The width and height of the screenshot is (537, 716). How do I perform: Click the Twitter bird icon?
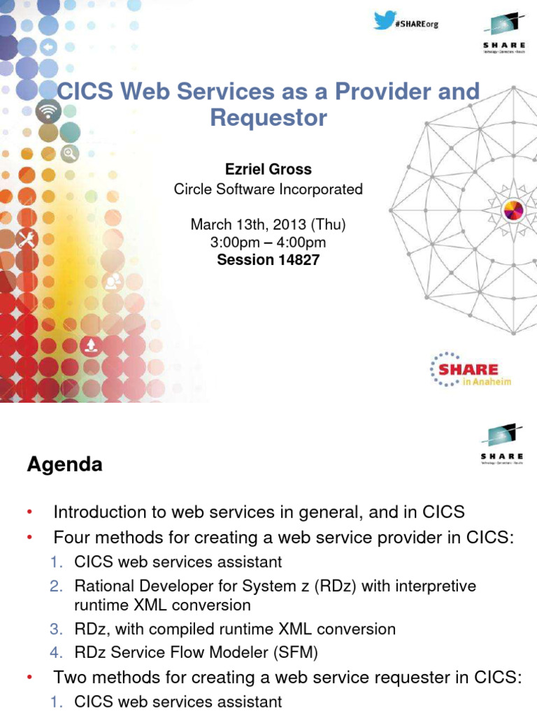[384, 21]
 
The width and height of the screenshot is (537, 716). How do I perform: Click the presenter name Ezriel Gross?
[268, 169]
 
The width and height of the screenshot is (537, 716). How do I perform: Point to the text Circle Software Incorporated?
[268, 189]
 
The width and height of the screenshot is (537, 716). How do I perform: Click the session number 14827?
[299, 259]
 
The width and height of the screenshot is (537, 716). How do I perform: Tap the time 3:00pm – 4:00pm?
[268, 243]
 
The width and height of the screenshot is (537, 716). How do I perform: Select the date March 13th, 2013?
[248, 225]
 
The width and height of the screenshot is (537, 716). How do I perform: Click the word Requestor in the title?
[268, 117]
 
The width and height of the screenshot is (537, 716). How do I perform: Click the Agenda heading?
[64, 464]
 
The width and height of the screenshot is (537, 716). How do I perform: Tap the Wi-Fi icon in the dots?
[48, 110]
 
